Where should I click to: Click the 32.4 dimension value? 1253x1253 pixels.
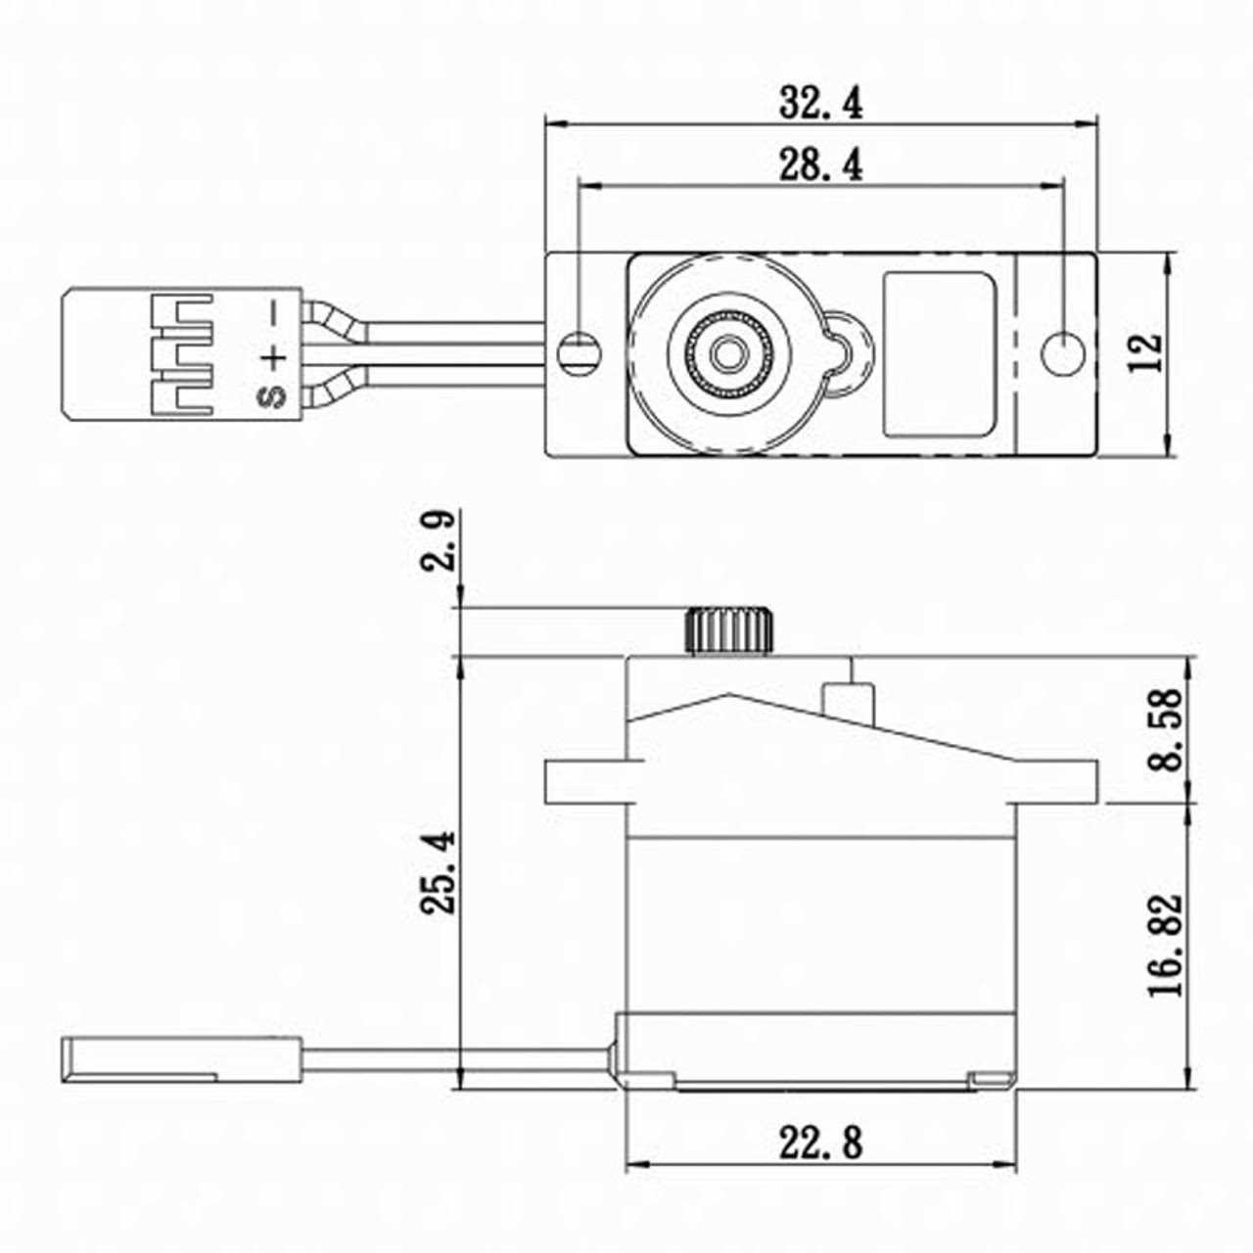pos(821,102)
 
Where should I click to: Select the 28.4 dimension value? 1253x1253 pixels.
pos(821,163)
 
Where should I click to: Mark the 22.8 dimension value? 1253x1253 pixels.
pos(821,1141)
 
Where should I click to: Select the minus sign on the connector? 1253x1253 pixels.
pos(273,314)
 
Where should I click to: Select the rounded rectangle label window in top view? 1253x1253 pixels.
pos(939,353)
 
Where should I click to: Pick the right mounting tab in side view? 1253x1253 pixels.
pos(1057,782)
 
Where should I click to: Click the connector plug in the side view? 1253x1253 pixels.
pos(181,1061)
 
